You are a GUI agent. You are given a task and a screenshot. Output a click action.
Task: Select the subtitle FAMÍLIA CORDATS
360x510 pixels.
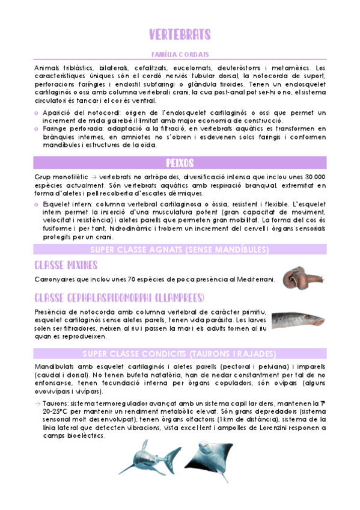point(180,54)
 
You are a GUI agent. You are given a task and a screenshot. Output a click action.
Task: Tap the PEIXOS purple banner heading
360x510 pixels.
point(180,163)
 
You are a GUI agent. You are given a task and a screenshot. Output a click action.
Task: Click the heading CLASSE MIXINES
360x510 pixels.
point(66,265)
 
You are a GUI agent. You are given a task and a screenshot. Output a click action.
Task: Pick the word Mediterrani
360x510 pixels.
point(253,279)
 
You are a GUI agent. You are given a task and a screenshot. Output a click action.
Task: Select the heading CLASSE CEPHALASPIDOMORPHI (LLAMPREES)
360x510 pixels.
point(119,298)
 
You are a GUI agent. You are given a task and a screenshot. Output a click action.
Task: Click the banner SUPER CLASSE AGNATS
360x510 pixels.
point(180,250)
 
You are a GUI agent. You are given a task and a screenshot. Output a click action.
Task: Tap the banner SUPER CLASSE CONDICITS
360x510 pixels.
point(180,353)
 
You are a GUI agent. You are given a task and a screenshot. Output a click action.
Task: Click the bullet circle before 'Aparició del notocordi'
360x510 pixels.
point(38,113)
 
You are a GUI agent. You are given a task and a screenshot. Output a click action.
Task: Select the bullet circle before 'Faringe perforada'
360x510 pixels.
point(38,129)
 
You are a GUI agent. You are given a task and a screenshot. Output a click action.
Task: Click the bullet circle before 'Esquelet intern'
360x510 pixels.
point(38,205)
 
